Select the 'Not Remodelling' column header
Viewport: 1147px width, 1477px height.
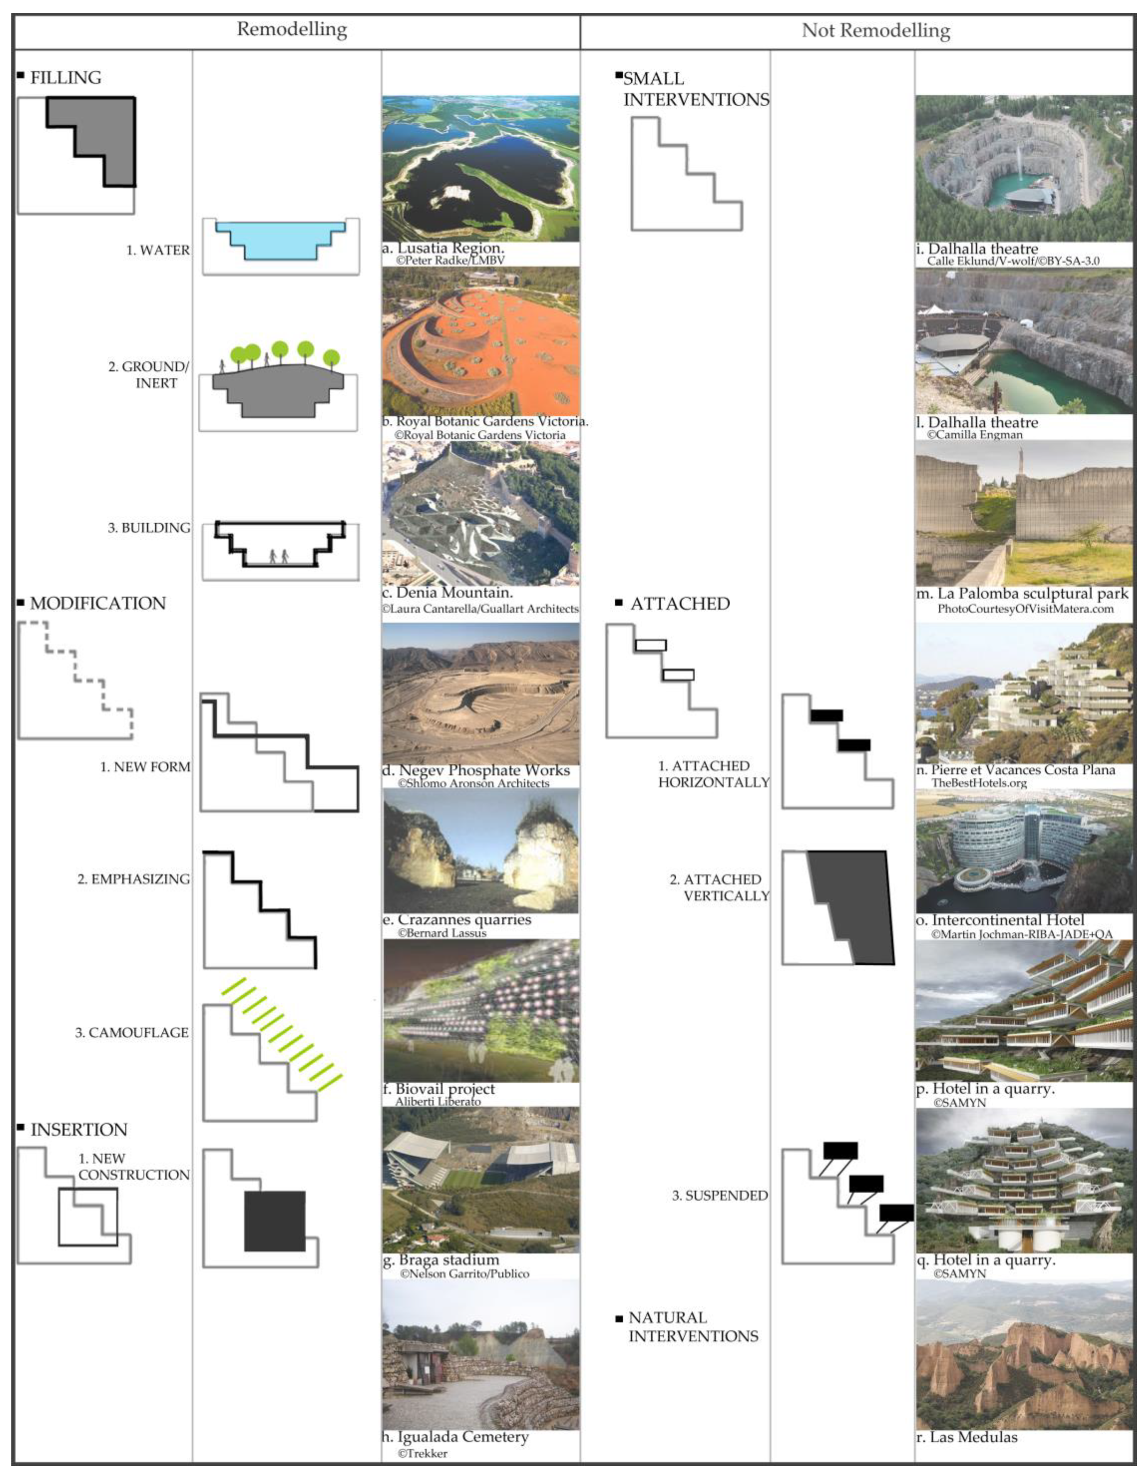coord(875,30)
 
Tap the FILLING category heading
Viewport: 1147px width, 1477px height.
coord(66,78)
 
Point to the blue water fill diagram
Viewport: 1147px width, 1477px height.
coord(280,240)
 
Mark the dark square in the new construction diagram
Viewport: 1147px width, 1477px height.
coord(274,1221)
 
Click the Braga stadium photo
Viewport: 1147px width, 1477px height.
coord(480,1180)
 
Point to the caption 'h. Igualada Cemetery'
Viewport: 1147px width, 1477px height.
coord(455,1437)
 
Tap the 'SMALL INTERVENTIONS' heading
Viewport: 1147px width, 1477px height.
coord(696,89)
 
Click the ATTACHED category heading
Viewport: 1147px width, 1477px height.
coord(679,604)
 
